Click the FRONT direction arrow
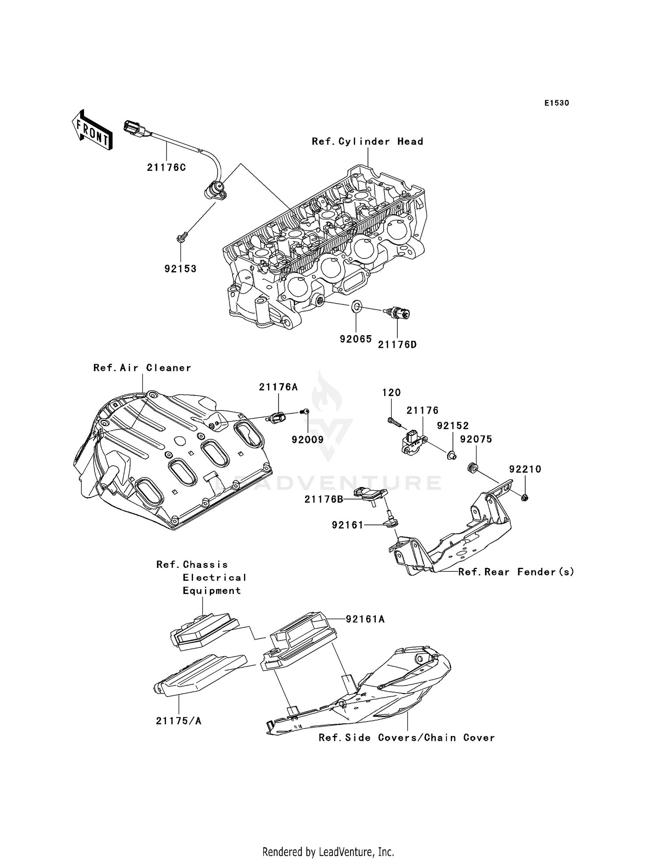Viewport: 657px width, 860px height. coord(92,131)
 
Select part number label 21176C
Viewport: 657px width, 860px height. coord(166,167)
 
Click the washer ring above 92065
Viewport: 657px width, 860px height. coord(357,306)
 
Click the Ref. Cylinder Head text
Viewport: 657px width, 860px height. coord(367,142)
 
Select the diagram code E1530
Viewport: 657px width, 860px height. coord(556,103)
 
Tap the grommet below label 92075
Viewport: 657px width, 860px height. coord(473,467)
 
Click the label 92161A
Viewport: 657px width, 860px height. coord(365,619)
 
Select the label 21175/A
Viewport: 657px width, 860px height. coord(179,721)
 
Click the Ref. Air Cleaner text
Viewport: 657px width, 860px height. coord(142,368)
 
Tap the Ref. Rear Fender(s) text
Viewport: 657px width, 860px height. coord(516,572)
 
